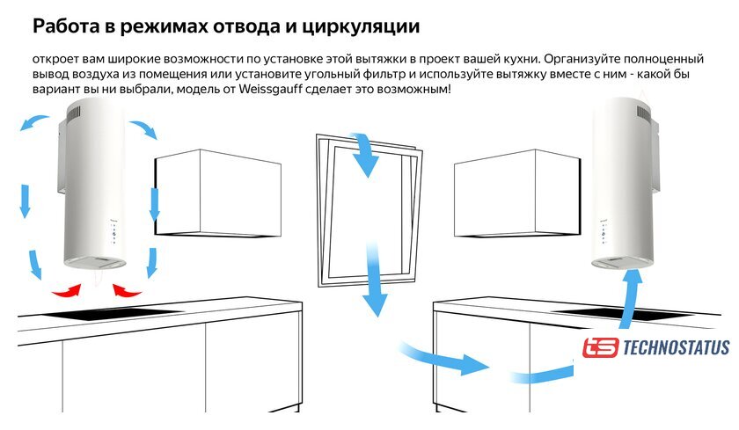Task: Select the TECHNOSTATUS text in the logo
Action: pos(675,348)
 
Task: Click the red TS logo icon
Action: pos(600,348)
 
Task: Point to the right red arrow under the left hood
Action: pos(129,290)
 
